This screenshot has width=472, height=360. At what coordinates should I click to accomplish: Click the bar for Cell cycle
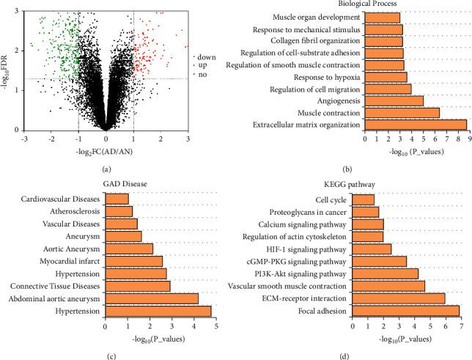coord(364,199)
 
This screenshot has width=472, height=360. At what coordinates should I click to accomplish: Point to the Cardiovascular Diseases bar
coord(117,199)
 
